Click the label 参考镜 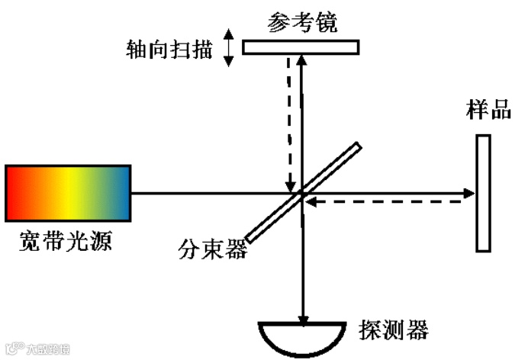tap(302, 22)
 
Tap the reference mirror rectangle tap(301, 47)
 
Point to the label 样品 tap(488, 108)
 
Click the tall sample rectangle tap(483, 192)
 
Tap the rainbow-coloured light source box tap(67, 192)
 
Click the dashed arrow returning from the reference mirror tap(288, 122)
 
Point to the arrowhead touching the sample tap(468, 193)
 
